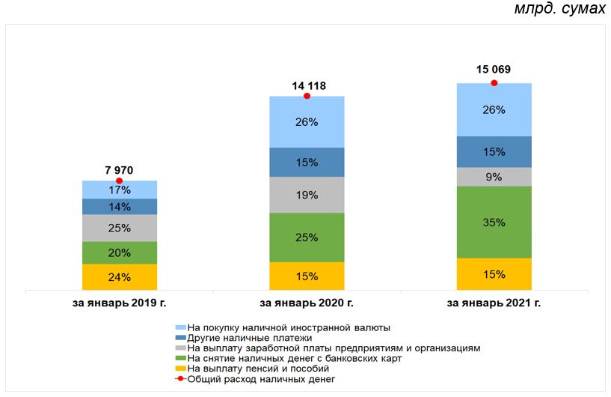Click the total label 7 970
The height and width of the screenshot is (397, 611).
(120, 171)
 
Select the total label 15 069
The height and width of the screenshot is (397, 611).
(494, 70)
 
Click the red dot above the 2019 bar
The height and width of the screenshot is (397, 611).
(120, 181)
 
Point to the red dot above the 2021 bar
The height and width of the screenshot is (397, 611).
(494, 83)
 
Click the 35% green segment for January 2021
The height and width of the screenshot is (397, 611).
(494, 222)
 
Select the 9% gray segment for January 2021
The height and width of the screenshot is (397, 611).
(494, 177)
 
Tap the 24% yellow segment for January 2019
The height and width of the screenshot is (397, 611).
(120, 277)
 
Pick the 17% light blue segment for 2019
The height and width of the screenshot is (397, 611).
(120, 190)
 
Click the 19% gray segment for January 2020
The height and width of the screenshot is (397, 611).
(307, 195)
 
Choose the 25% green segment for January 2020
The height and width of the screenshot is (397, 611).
(307, 237)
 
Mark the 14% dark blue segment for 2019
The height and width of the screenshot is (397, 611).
(120, 207)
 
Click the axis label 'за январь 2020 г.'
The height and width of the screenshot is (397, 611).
(307, 303)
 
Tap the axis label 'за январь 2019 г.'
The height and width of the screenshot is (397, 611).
(120, 303)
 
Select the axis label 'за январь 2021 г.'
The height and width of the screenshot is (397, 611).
(494, 303)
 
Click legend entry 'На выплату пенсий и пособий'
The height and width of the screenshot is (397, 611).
(258, 369)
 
